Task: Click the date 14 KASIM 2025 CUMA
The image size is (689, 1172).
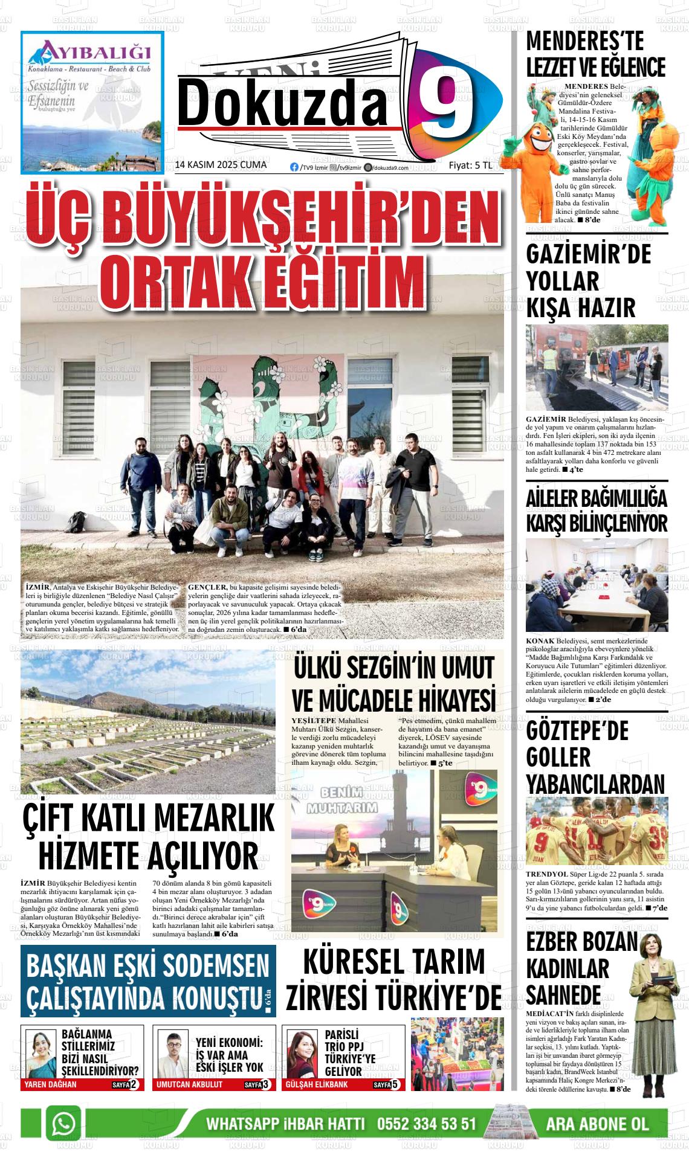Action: [x=220, y=166]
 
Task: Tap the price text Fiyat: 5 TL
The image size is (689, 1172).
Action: [x=470, y=166]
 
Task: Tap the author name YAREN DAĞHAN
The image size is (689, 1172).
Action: [x=50, y=1084]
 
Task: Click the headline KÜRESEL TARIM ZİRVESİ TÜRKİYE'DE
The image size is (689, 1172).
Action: [x=393, y=979]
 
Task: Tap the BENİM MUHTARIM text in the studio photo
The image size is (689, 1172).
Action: [x=341, y=800]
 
